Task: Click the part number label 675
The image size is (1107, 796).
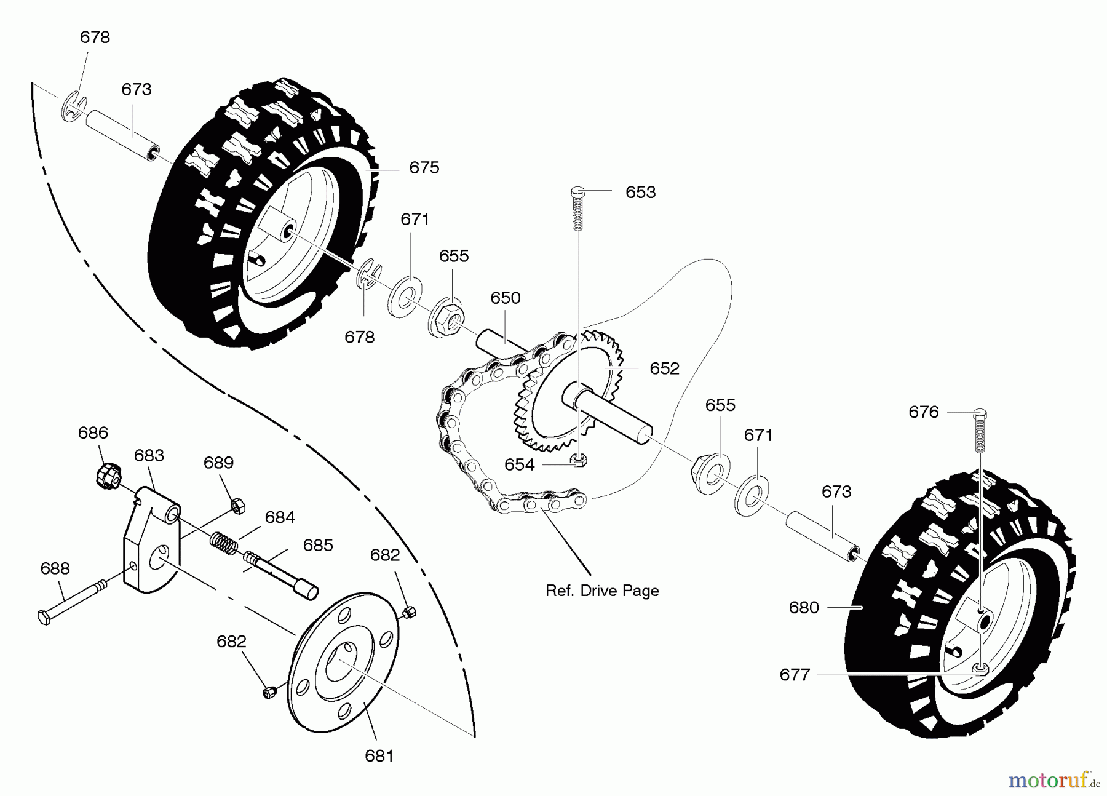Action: click(424, 168)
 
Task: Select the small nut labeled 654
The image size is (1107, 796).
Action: click(578, 460)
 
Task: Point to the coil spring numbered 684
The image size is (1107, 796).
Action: click(225, 541)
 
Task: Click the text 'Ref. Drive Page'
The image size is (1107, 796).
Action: click(602, 591)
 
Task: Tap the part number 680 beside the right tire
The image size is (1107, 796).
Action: click(803, 608)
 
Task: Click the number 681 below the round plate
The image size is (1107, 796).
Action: click(379, 756)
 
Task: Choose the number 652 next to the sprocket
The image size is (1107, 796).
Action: click(664, 368)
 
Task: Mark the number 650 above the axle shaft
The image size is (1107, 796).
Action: click(505, 298)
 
